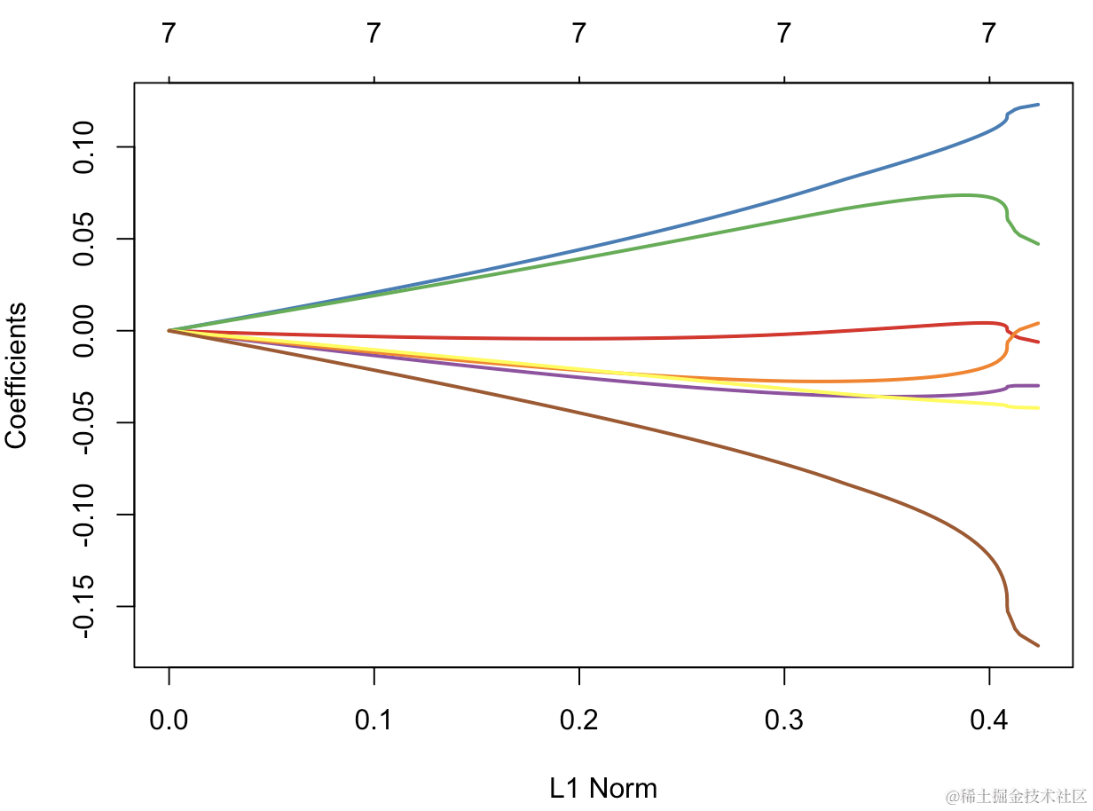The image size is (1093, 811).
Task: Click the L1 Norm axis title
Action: [603, 788]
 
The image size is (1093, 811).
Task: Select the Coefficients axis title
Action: [18, 374]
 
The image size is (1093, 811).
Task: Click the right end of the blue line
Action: [1038, 105]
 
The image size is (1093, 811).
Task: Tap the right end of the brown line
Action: [1038, 645]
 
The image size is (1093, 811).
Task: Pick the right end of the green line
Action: [1038, 243]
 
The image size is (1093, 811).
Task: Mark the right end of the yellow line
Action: [1038, 408]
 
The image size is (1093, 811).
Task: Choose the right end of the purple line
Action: [1038, 386]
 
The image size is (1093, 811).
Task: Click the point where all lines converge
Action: [169, 330]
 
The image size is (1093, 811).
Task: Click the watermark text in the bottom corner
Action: [1015, 796]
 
